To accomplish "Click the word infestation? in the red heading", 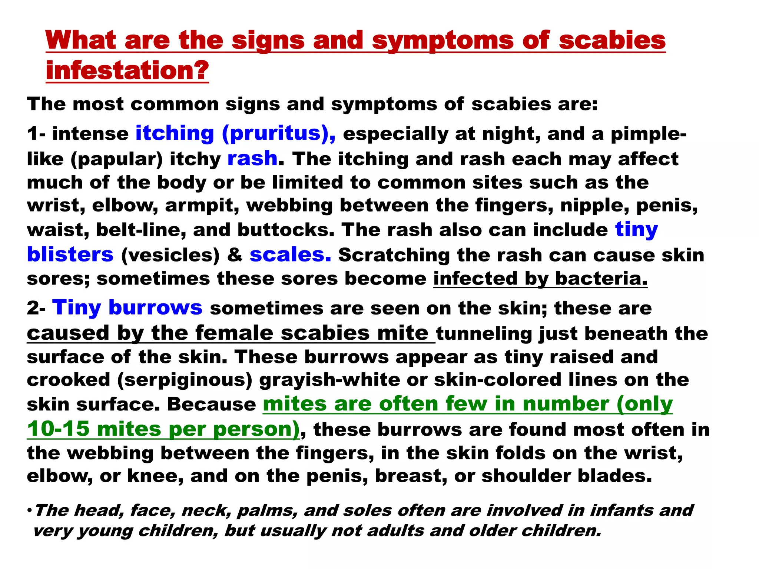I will [x=127, y=70].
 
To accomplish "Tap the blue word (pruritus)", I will [x=279, y=133].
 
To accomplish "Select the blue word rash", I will [x=252, y=159].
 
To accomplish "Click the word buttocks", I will [x=286, y=230].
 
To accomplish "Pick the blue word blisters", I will [x=70, y=254].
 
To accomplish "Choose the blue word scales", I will [x=290, y=254].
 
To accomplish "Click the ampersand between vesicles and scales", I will [x=235, y=255].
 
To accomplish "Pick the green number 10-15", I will [x=58, y=429].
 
